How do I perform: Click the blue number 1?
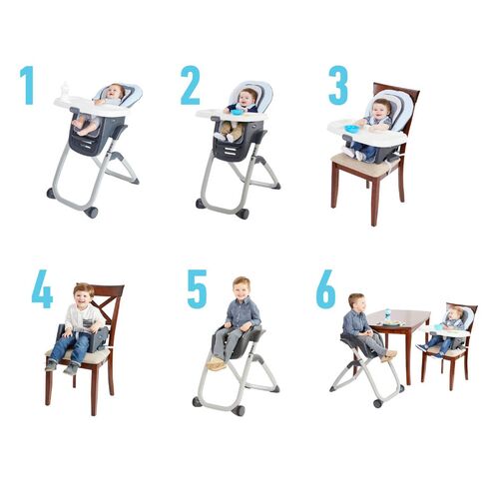tap(28, 86)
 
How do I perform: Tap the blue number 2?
tap(190, 86)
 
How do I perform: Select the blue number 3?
tap(337, 86)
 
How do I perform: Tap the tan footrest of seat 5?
tap(217, 364)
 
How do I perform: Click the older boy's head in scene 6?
tap(355, 300)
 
